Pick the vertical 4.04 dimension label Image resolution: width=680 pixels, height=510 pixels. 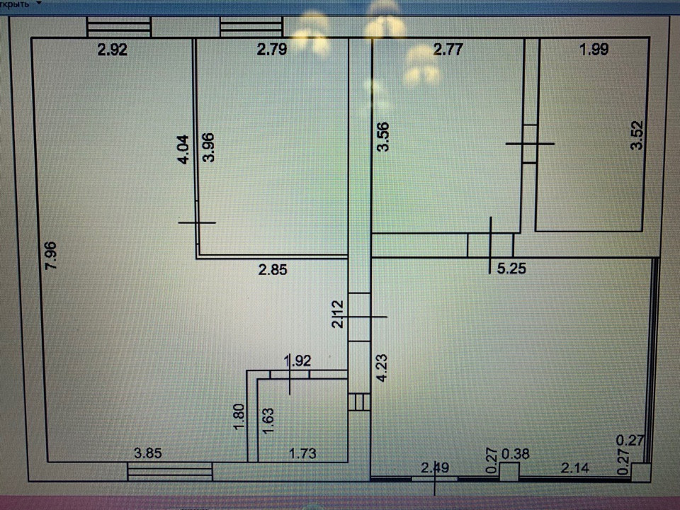coord(183,150)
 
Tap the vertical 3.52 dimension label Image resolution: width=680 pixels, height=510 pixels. coord(637,136)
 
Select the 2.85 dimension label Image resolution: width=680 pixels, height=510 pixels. coord(273,268)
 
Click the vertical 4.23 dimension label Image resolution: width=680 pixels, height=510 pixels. coord(382,368)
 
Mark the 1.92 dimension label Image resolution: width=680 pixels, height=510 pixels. coord(297,361)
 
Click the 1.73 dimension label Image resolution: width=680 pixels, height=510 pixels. coord(303,454)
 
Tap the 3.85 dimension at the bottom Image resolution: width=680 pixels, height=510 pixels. coord(150,454)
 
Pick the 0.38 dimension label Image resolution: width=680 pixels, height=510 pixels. coord(516,453)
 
